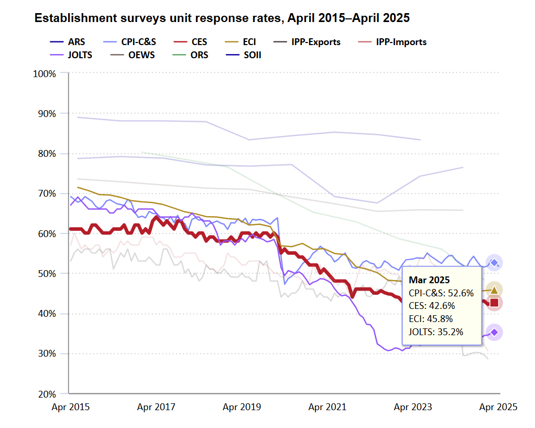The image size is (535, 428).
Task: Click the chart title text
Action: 222,18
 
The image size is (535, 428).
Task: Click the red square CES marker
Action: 494,303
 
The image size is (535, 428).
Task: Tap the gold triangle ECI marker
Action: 494,290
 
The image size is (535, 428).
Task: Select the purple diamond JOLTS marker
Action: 494,332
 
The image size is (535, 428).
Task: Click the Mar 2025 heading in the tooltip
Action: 429,281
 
